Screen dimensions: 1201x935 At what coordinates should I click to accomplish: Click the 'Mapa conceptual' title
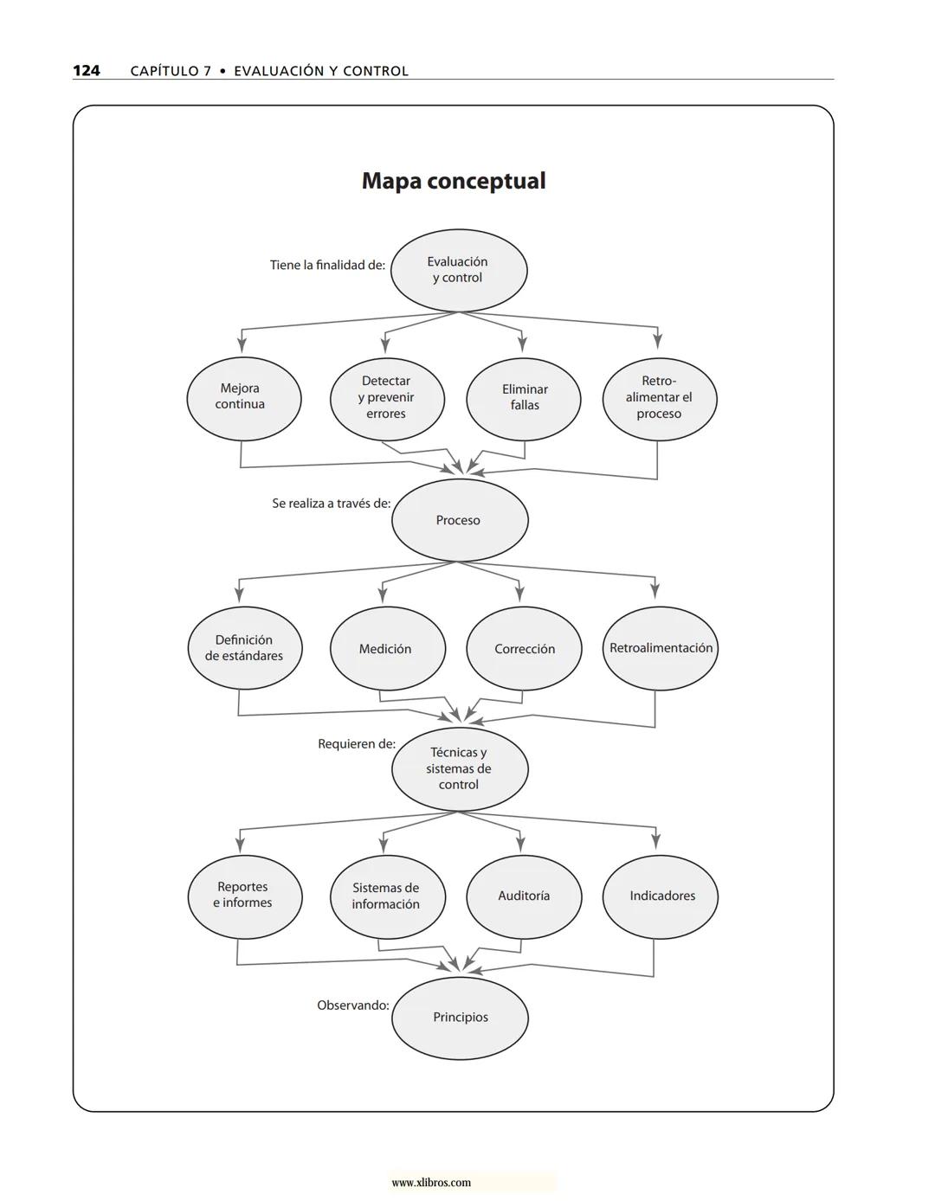click(454, 181)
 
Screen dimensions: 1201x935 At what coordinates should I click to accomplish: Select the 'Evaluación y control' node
click(459, 270)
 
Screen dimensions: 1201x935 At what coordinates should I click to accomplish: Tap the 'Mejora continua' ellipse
click(244, 398)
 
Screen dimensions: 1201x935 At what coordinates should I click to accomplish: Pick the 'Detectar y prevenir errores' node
click(387, 398)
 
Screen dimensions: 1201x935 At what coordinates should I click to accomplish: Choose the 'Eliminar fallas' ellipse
click(524, 398)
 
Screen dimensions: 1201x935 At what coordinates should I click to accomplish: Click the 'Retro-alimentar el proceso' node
click(660, 398)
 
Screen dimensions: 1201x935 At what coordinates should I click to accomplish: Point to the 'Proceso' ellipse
click(460, 520)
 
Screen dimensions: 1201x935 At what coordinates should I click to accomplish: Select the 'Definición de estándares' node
click(245, 648)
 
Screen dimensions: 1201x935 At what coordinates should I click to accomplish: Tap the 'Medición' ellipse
click(387, 648)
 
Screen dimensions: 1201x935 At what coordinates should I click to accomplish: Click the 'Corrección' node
click(524, 648)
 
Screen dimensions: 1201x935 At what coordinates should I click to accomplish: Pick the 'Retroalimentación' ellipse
click(660, 648)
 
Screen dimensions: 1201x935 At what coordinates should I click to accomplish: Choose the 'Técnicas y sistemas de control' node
click(460, 768)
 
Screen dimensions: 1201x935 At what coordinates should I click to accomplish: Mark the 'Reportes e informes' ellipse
click(245, 896)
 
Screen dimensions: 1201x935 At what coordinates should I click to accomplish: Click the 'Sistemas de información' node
click(387, 896)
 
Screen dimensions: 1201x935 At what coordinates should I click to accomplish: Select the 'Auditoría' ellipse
click(524, 896)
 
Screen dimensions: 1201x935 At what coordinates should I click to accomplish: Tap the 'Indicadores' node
click(661, 896)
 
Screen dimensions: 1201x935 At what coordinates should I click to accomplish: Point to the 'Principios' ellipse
click(460, 1018)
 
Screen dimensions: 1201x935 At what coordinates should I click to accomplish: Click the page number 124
click(86, 71)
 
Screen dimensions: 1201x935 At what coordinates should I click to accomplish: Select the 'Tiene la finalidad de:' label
click(327, 266)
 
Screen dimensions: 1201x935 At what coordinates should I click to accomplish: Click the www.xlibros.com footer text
click(431, 1183)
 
